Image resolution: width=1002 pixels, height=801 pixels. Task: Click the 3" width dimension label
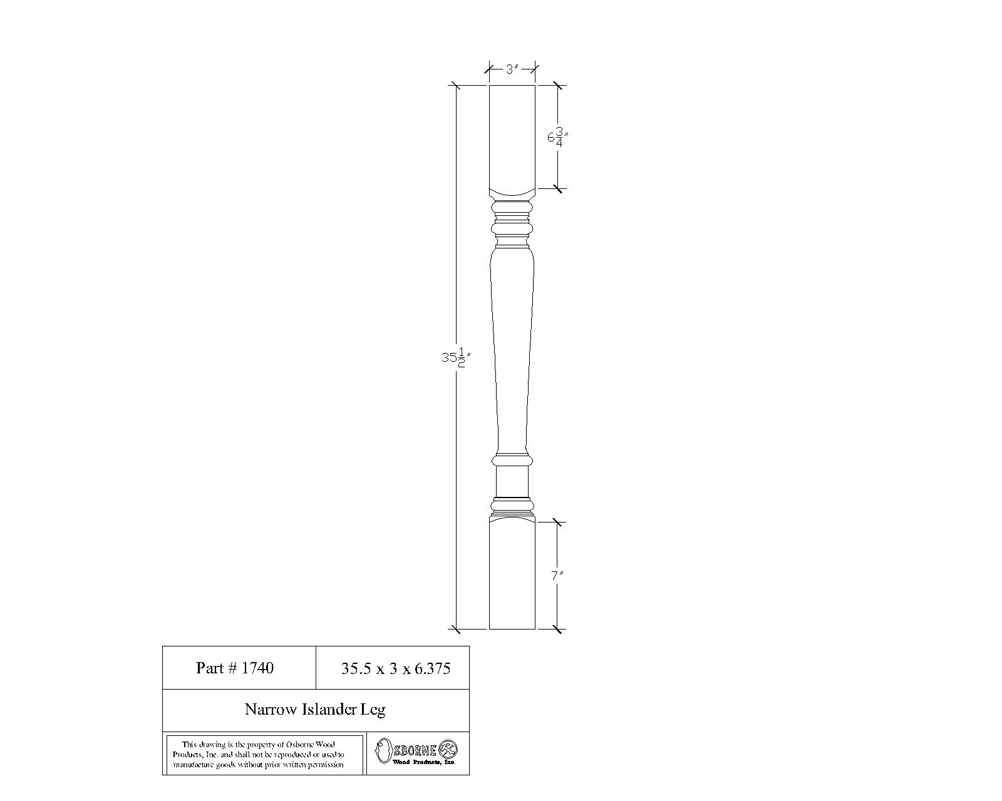512,69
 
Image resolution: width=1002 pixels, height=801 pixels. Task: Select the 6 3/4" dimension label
557,136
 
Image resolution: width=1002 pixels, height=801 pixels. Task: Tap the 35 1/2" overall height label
455,358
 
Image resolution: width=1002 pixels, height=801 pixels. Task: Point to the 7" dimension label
557,575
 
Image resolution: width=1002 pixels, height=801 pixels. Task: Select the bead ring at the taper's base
512,461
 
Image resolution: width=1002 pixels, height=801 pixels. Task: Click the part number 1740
257,668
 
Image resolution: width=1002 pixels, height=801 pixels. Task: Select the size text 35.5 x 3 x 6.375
395,668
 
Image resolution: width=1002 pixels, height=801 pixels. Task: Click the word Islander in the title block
329,709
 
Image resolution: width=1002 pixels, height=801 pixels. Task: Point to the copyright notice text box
264,755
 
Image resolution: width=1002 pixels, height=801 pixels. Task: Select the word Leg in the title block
373,709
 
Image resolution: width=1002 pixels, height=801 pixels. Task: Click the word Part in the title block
209,668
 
